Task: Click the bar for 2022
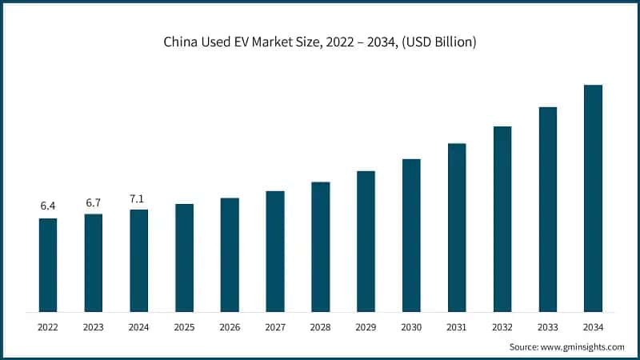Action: [x=48, y=265]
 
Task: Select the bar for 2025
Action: [x=184, y=258]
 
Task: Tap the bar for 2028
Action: [x=320, y=246]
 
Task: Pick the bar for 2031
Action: [x=457, y=227]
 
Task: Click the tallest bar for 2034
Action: [x=593, y=198]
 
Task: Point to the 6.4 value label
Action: [x=48, y=206]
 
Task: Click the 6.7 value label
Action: [x=94, y=202]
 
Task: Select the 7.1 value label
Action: [x=139, y=198]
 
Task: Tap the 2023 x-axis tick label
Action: [x=94, y=327]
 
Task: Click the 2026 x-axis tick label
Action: [x=230, y=327]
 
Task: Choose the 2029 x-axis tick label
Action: [x=366, y=327]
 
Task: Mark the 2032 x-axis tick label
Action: [x=502, y=327]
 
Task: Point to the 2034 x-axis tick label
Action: [x=593, y=327]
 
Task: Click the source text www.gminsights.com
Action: [x=583, y=347]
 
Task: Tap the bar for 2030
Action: [x=411, y=235]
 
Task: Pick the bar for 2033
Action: [x=547, y=209]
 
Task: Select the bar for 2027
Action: [x=275, y=251]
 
